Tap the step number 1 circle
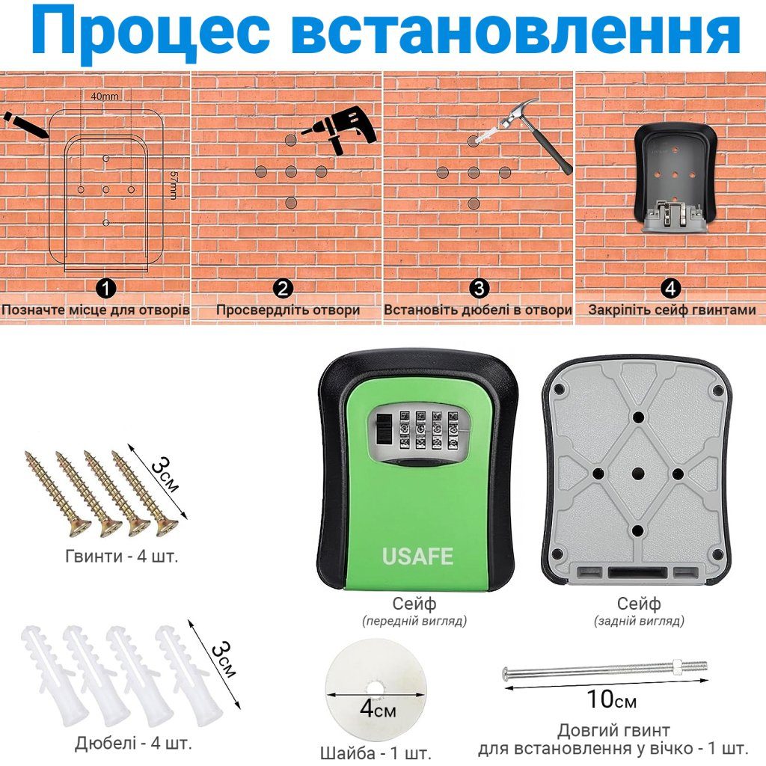tap(106, 289)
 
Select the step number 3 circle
tap(479, 289)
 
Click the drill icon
tap(340, 129)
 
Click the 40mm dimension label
tap(105, 96)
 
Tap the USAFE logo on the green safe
tap(417, 557)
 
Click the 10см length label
tap(612, 699)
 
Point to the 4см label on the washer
tap(377, 709)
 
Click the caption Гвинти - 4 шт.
tap(122, 556)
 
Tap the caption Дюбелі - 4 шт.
tap(133, 743)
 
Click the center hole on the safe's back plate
tap(639, 473)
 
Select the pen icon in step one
tap(25, 125)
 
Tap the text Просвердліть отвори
tap(288, 310)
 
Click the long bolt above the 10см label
tap(604, 670)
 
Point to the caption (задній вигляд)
tap(639, 621)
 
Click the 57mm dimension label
tap(174, 186)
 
